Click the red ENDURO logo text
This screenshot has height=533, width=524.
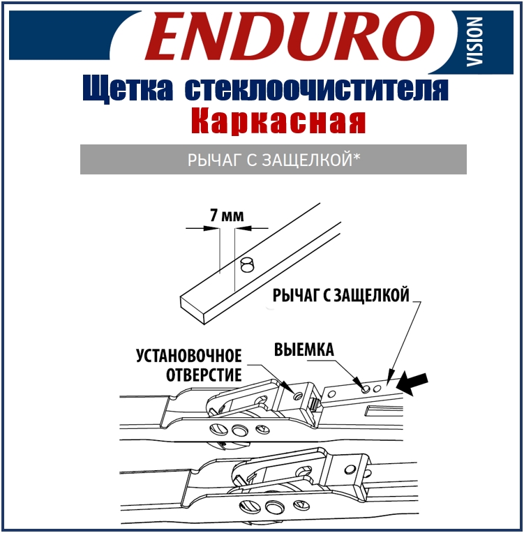(289, 36)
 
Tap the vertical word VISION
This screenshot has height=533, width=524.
(474, 41)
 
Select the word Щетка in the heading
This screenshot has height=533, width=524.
(128, 89)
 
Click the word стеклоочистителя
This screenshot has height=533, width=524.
(316, 89)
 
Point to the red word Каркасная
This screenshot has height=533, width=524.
(278, 121)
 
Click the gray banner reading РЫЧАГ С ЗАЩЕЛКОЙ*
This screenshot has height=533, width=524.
(274, 160)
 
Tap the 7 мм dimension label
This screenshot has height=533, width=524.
(227, 216)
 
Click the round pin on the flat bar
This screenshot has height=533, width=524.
(246, 265)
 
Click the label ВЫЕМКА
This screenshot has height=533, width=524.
(304, 350)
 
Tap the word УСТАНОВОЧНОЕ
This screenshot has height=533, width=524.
(188, 356)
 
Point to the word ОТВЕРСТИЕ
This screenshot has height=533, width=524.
(204, 375)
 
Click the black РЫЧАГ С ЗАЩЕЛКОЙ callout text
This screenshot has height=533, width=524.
(340, 295)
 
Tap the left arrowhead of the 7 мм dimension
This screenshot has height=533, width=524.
(211, 228)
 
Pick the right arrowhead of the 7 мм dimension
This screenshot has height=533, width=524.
(243, 228)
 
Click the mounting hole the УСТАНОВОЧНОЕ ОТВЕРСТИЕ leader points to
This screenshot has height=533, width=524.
(299, 396)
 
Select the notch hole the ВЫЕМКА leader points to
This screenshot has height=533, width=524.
(366, 389)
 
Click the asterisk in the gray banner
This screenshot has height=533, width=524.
(357, 157)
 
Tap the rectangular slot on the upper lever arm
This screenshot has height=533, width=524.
(384, 410)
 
